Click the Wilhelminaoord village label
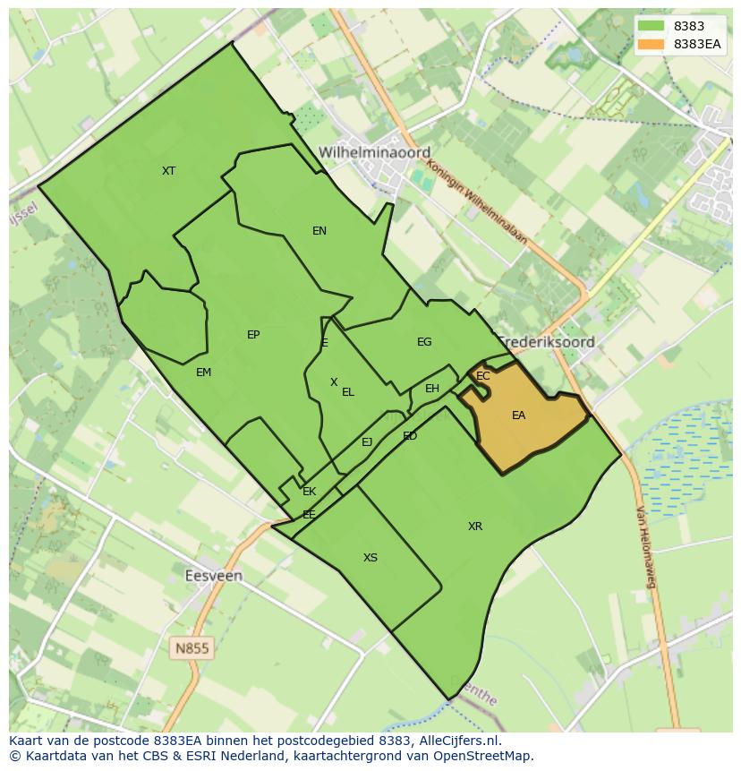click(x=374, y=152)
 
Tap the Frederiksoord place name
click(x=546, y=342)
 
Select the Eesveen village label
click(x=213, y=576)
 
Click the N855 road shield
click(x=192, y=647)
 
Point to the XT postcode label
click(x=168, y=170)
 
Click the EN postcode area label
click(x=319, y=231)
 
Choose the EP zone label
click(x=253, y=335)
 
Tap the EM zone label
click(x=203, y=372)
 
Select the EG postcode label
click(x=424, y=342)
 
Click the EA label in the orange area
click(x=518, y=415)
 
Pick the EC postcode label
click(x=483, y=376)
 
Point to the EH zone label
click(x=432, y=389)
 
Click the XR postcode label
click(x=475, y=527)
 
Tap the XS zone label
click(x=370, y=558)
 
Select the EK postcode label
click(x=310, y=492)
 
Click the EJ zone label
click(x=367, y=442)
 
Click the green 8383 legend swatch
click(x=652, y=26)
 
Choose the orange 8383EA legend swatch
click(x=652, y=44)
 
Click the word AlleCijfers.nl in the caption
click(x=459, y=741)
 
